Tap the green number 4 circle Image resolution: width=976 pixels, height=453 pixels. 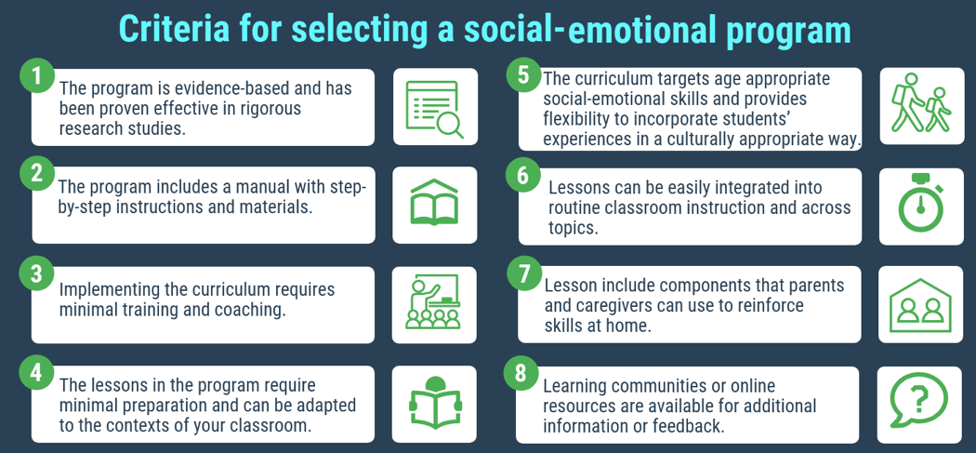[36, 372]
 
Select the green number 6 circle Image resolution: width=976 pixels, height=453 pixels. [523, 174]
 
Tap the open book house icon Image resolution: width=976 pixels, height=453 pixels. [434, 205]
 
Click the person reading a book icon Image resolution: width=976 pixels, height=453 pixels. [434, 403]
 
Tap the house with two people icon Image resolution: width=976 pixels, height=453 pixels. [920, 304]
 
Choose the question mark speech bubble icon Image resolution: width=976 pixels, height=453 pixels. [919, 403]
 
